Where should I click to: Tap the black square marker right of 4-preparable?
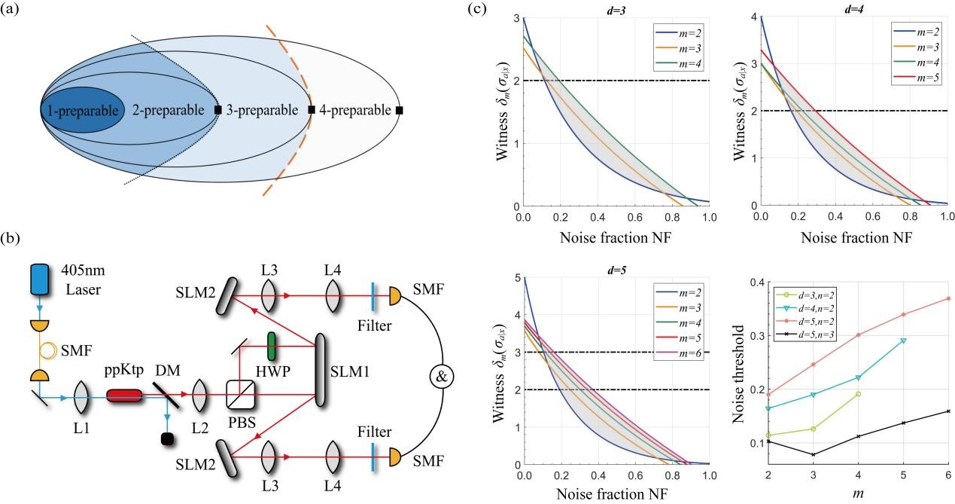click(x=399, y=111)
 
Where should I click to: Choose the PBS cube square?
click(x=240, y=394)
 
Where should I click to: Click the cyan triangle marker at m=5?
click(x=903, y=341)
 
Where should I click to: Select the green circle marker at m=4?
click(x=858, y=394)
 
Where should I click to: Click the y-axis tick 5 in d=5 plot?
click(x=516, y=279)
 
